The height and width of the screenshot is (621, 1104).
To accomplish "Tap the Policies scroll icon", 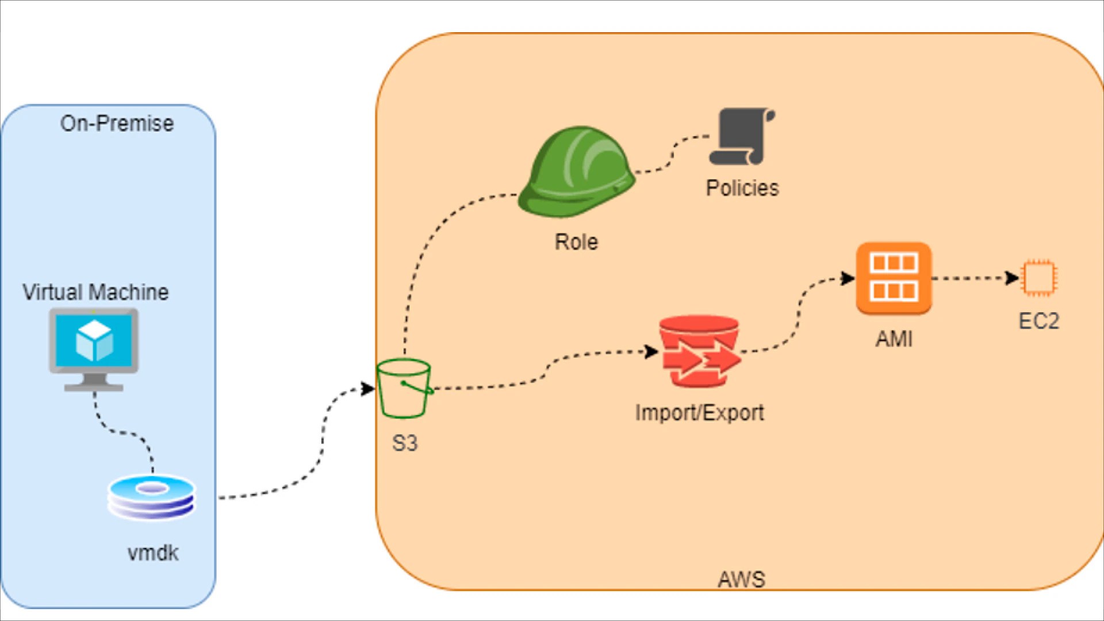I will point(742,137).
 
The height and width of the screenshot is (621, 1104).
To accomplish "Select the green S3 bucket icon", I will point(404,389).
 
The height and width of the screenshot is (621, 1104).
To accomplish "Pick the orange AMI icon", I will point(894,278).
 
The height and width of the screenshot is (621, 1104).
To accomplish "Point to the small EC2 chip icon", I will point(1038,278).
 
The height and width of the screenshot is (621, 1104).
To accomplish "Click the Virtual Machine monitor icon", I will point(94,347).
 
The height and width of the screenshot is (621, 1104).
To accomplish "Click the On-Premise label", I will point(117,124).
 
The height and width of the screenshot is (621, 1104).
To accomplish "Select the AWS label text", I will point(741,579).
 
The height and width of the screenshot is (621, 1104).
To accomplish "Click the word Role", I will point(576,242).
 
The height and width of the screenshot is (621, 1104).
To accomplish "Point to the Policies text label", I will point(742,188).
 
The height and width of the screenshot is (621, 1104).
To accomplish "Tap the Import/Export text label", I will point(699,413).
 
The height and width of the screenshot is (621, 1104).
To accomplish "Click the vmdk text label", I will point(153,553).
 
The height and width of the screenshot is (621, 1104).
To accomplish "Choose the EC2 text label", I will point(1038,321).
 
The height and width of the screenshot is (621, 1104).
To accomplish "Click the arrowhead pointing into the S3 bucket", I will point(368,389).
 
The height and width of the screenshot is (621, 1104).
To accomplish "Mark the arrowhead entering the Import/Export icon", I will point(652,351).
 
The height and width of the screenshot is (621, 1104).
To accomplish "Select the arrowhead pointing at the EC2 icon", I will point(1012,278).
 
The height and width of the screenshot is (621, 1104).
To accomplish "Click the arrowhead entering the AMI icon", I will point(848,279).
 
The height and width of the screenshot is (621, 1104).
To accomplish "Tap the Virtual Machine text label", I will point(95,292).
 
